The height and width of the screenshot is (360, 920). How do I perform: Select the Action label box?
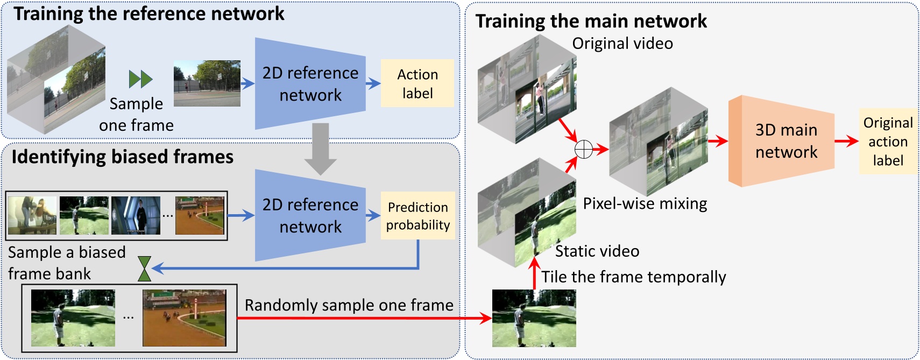pyautogui.click(x=417, y=83)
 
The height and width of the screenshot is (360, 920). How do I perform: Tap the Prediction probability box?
pyautogui.click(x=417, y=216)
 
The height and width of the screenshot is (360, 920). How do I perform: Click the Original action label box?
pyautogui.click(x=888, y=142)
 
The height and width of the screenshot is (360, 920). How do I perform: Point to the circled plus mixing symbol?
pyautogui.click(x=584, y=149)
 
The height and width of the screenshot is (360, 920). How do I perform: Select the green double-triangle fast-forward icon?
pyautogui.click(x=141, y=79)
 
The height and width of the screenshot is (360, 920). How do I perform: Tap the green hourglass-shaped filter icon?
pyautogui.click(x=144, y=269)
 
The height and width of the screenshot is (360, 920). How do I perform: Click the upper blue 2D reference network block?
pyautogui.click(x=310, y=84)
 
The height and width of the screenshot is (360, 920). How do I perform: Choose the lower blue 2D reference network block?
pyautogui.click(x=310, y=216)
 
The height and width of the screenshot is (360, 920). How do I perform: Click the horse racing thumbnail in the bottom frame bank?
pyautogui.click(x=185, y=318)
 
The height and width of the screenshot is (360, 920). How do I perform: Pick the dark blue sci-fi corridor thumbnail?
pyautogui.click(x=136, y=215)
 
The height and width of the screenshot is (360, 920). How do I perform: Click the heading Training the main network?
pyautogui.click(x=591, y=21)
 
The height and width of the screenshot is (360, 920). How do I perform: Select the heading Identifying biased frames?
pyautogui.click(x=123, y=157)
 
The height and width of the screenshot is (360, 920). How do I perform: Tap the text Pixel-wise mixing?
pyautogui.click(x=645, y=203)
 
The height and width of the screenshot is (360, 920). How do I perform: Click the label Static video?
pyautogui.click(x=597, y=251)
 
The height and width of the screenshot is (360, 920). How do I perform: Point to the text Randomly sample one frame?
pyautogui.click(x=349, y=305)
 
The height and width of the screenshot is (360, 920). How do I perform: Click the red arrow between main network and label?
pyautogui.click(x=846, y=142)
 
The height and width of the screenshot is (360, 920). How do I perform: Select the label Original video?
pyautogui.click(x=622, y=44)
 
